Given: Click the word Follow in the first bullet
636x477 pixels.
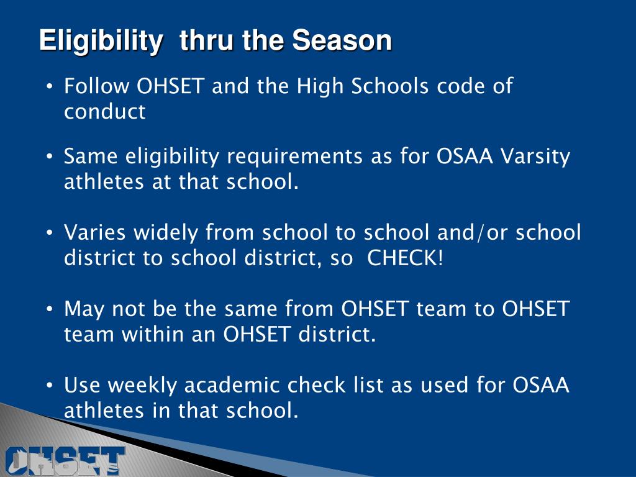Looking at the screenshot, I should pyautogui.click(x=98, y=86).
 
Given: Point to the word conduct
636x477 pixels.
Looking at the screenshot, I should pyautogui.click(x=105, y=112).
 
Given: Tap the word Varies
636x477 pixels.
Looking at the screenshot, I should pyautogui.click(x=95, y=233).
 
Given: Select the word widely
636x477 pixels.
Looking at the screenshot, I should pyautogui.click(x=165, y=233).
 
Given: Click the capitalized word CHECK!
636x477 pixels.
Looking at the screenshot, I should pyautogui.click(x=406, y=258).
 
